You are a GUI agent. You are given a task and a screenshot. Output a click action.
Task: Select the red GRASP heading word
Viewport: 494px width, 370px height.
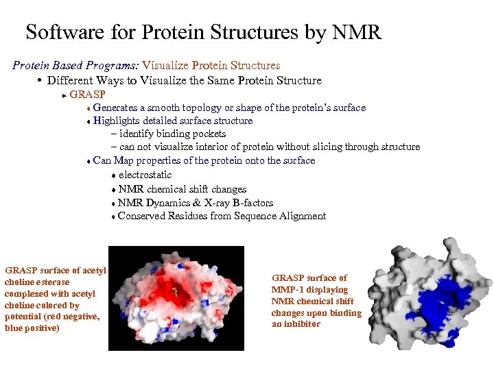click(87, 95)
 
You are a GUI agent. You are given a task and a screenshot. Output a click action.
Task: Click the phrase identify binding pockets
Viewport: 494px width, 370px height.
click(172, 134)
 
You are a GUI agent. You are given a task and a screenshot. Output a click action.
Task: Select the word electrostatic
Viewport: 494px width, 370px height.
click(145, 175)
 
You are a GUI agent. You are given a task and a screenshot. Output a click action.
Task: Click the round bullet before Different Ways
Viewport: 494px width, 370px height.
click(40, 80)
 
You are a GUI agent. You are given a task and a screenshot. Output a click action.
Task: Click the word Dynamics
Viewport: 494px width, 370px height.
click(168, 203)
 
